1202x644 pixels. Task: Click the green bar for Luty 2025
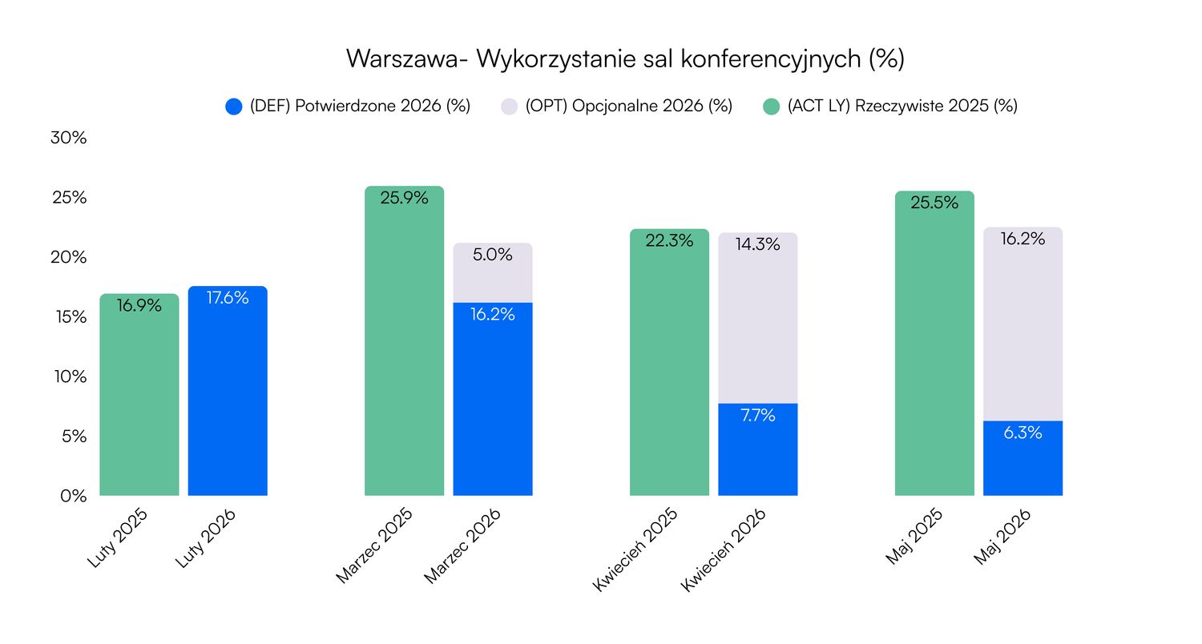[139, 400]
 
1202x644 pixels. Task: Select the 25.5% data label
[934, 203]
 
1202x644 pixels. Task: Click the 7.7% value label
[757, 416]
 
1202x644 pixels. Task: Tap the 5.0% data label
[493, 255]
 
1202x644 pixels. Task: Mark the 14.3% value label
[757, 245]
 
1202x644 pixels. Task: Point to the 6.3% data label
[1023, 433]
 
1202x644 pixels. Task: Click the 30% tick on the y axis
[68, 138]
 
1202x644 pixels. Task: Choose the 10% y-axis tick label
[68, 376]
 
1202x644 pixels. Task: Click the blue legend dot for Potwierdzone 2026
[234, 107]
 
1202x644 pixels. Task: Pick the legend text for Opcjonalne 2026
[629, 107]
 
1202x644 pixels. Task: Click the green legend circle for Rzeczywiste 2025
[771, 107]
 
